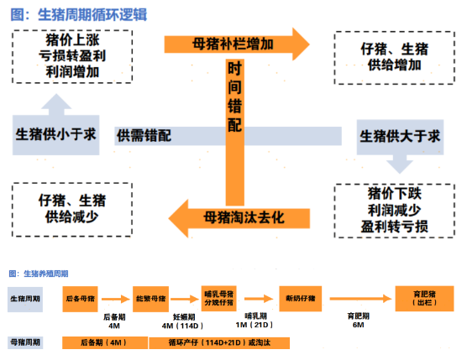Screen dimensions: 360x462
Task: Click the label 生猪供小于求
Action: click(x=55, y=135)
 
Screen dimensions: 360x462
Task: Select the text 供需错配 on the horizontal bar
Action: click(x=144, y=135)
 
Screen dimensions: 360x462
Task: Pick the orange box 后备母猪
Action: click(x=80, y=298)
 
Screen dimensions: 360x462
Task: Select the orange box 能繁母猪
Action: click(x=150, y=298)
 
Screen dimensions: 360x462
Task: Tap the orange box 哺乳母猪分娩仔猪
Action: click(x=220, y=298)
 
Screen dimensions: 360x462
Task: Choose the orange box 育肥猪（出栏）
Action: click(x=418, y=298)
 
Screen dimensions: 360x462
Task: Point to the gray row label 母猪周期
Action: click(x=29, y=342)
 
